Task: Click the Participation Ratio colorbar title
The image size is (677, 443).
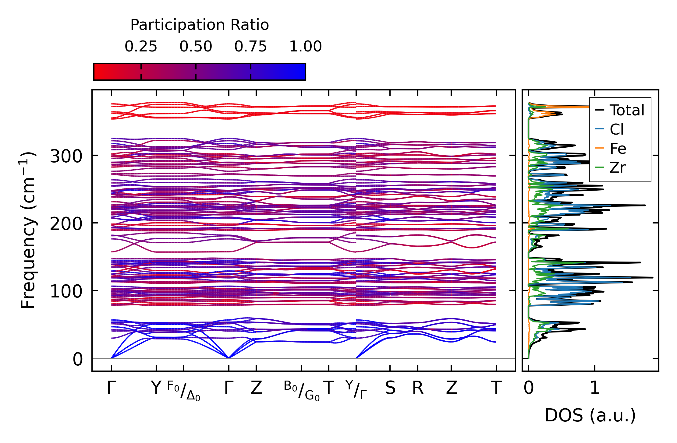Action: tap(200, 25)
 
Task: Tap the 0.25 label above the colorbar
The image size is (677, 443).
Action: tap(141, 47)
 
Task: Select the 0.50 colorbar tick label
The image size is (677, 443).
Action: tap(196, 47)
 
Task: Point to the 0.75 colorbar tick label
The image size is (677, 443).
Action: tap(250, 47)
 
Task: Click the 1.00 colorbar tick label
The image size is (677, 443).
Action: tap(305, 47)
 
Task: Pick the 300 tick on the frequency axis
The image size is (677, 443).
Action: tap(66, 156)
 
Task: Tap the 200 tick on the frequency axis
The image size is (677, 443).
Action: tap(66, 224)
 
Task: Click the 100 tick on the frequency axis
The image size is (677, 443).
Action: tap(66, 292)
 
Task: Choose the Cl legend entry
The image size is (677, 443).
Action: tap(616, 129)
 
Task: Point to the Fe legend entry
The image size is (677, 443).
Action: tap(618, 149)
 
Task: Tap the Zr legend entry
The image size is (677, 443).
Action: tap(617, 167)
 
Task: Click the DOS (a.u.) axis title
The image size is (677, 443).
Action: tap(590, 415)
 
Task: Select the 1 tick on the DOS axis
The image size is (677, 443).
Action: tap(595, 388)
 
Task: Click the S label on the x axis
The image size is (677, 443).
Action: tap(390, 388)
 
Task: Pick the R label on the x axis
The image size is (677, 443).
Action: tap(417, 388)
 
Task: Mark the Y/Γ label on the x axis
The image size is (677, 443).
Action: tap(356, 390)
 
